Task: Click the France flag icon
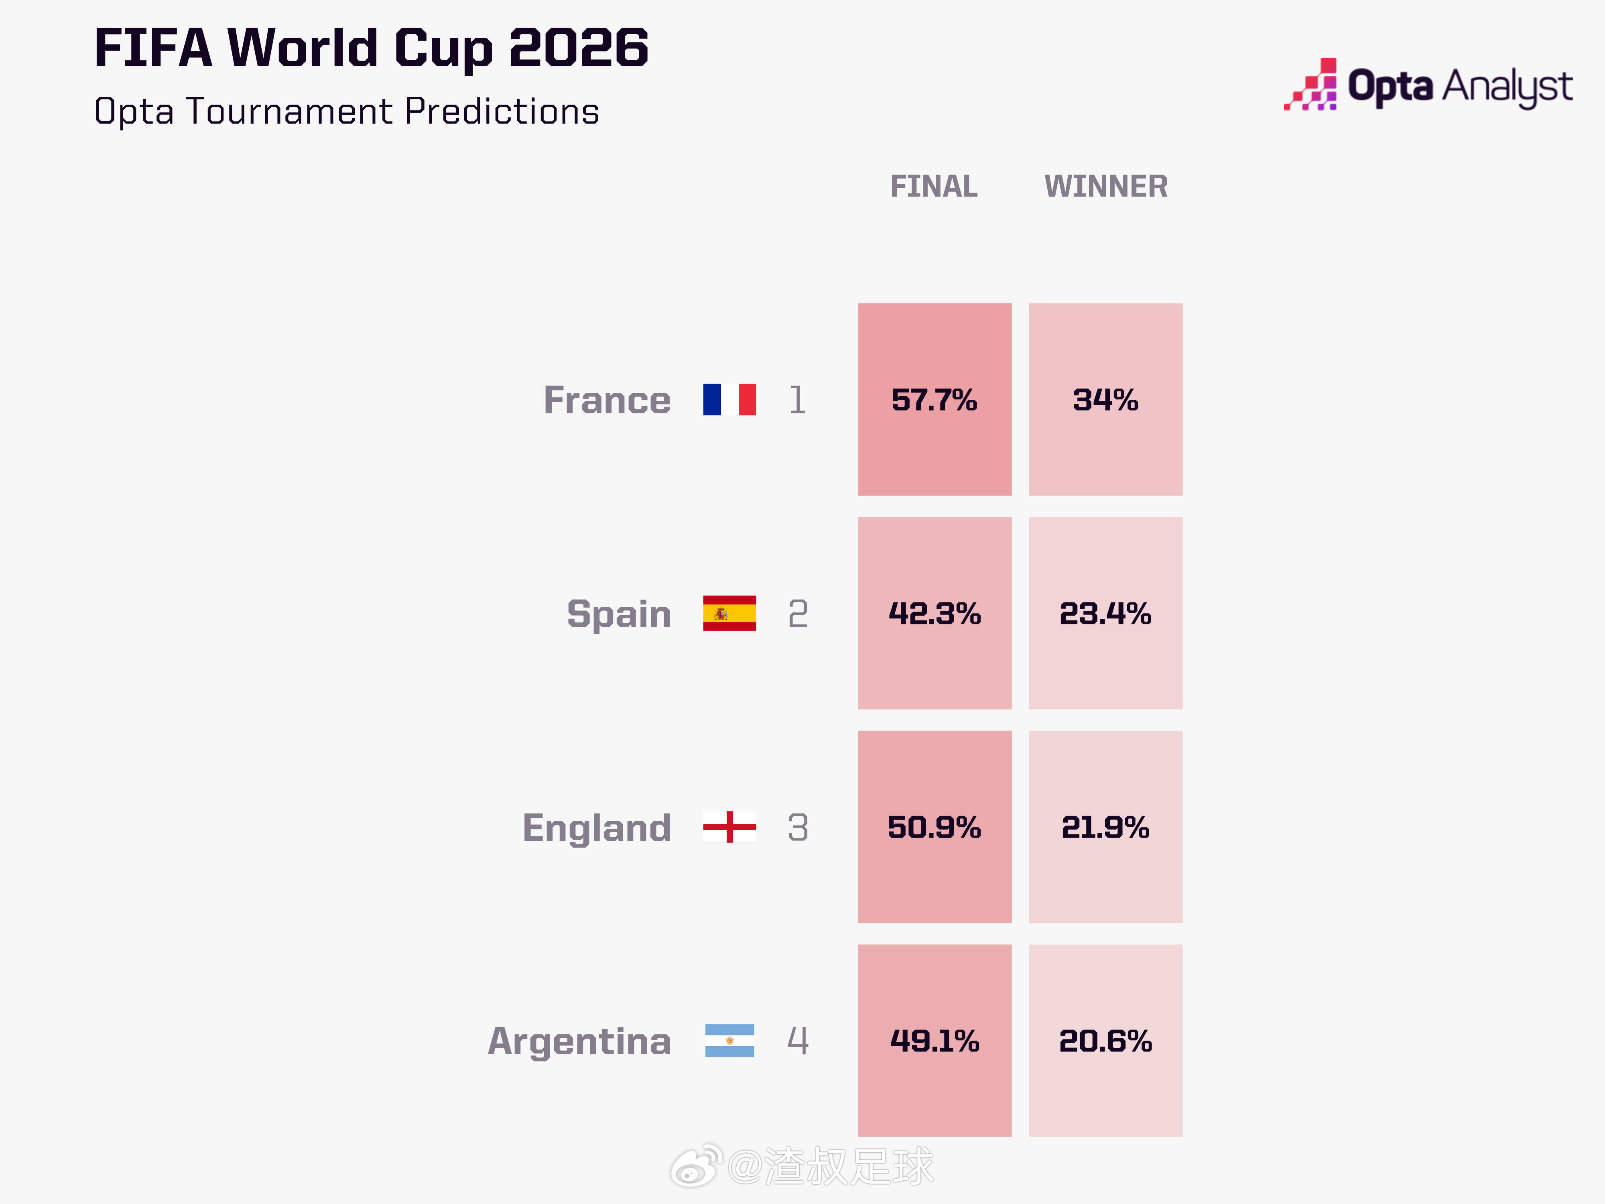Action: [729, 400]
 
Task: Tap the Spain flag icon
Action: [729, 613]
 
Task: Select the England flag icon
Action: [729, 827]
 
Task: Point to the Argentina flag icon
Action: [729, 1041]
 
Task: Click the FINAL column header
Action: [934, 187]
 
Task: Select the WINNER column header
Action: [1106, 187]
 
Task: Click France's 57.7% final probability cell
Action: [935, 399]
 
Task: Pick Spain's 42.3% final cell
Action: [935, 613]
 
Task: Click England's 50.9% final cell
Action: [935, 827]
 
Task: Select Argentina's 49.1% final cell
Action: [935, 1041]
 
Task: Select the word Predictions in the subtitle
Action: [502, 112]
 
